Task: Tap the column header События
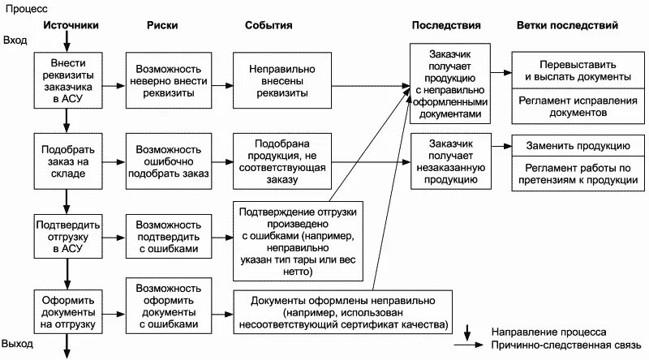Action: coord(269,25)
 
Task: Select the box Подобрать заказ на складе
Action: coord(66,161)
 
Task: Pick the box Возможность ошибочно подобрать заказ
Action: coord(169,161)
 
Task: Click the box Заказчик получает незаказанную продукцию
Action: coord(449,161)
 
